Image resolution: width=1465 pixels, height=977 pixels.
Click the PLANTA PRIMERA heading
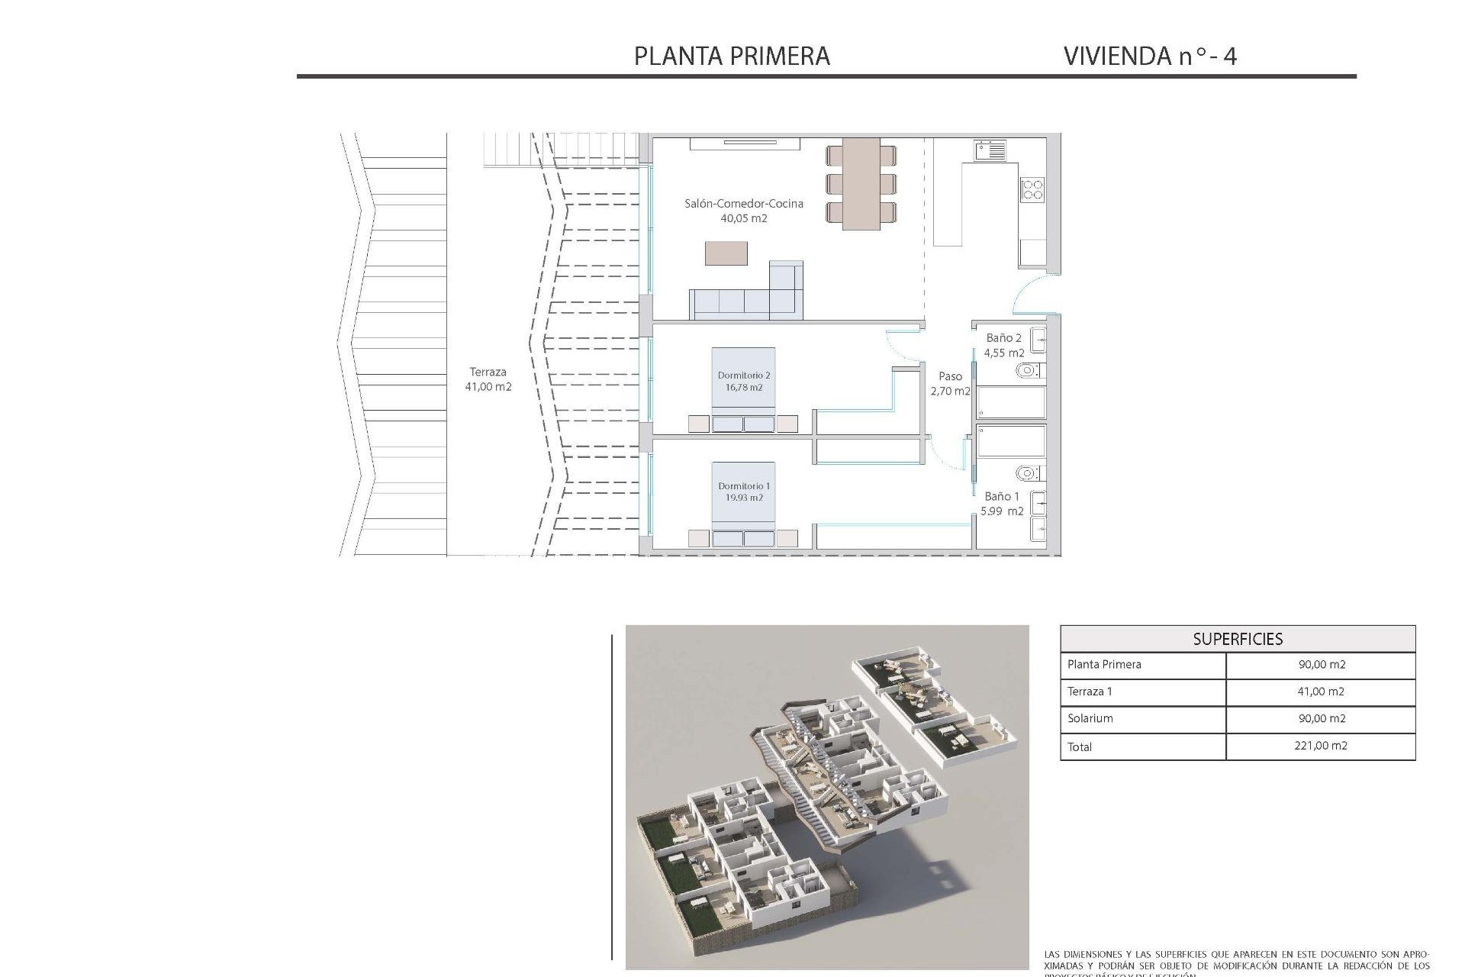(x=732, y=56)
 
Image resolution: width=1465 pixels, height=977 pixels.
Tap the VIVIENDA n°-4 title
(x=1149, y=56)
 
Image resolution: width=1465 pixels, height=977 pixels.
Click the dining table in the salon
(x=861, y=183)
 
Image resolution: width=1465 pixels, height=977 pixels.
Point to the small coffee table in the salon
(x=726, y=253)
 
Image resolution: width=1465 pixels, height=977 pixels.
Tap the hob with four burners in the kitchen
(x=1032, y=189)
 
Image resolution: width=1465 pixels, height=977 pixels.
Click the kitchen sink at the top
(x=990, y=150)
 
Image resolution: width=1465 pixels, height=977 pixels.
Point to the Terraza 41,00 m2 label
(x=488, y=379)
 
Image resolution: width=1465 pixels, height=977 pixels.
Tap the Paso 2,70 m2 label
(x=950, y=383)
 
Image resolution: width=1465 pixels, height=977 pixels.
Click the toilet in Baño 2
(x=1028, y=371)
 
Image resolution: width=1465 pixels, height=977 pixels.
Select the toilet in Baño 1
(x=1028, y=473)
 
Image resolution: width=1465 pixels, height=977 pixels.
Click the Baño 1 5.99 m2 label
(x=1001, y=504)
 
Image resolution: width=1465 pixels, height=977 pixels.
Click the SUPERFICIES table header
(x=1237, y=639)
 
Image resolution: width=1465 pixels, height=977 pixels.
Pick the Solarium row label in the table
(x=1090, y=718)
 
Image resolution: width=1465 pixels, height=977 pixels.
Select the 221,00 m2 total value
(x=1320, y=746)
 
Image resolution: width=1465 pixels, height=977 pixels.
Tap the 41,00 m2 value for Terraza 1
(x=1321, y=692)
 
